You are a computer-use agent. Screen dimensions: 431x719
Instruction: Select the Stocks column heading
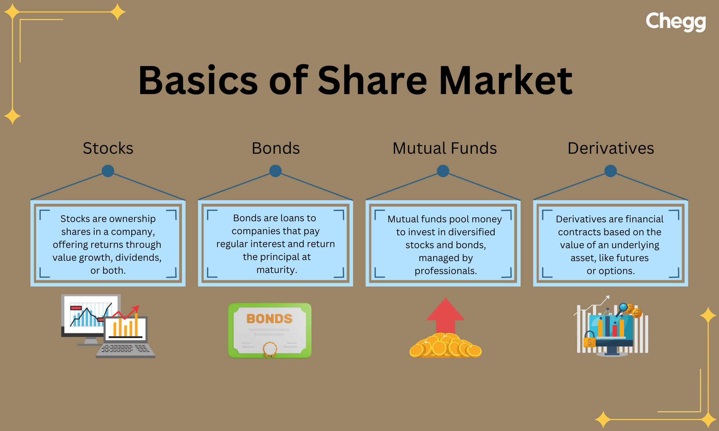coord(108,148)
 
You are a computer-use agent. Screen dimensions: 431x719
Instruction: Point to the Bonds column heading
coord(276,148)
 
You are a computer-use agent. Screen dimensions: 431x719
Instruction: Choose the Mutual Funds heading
coord(445,148)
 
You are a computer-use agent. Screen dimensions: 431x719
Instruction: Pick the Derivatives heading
coord(610,148)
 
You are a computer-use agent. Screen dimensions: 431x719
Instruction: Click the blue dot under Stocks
coord(108,171)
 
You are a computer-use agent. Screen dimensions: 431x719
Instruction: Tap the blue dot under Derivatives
coord(610,171)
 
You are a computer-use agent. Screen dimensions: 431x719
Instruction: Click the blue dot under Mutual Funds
coord(443,171)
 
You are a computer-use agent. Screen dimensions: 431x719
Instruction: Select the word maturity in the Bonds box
coord(276,270)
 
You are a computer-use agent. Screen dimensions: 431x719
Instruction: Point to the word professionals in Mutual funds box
coord(445,271)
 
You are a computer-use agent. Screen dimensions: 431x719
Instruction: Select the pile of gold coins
coord(445,346)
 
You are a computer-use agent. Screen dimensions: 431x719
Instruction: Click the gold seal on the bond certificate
coord(270,348)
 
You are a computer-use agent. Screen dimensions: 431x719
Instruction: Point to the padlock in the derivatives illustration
coord(589,340)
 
